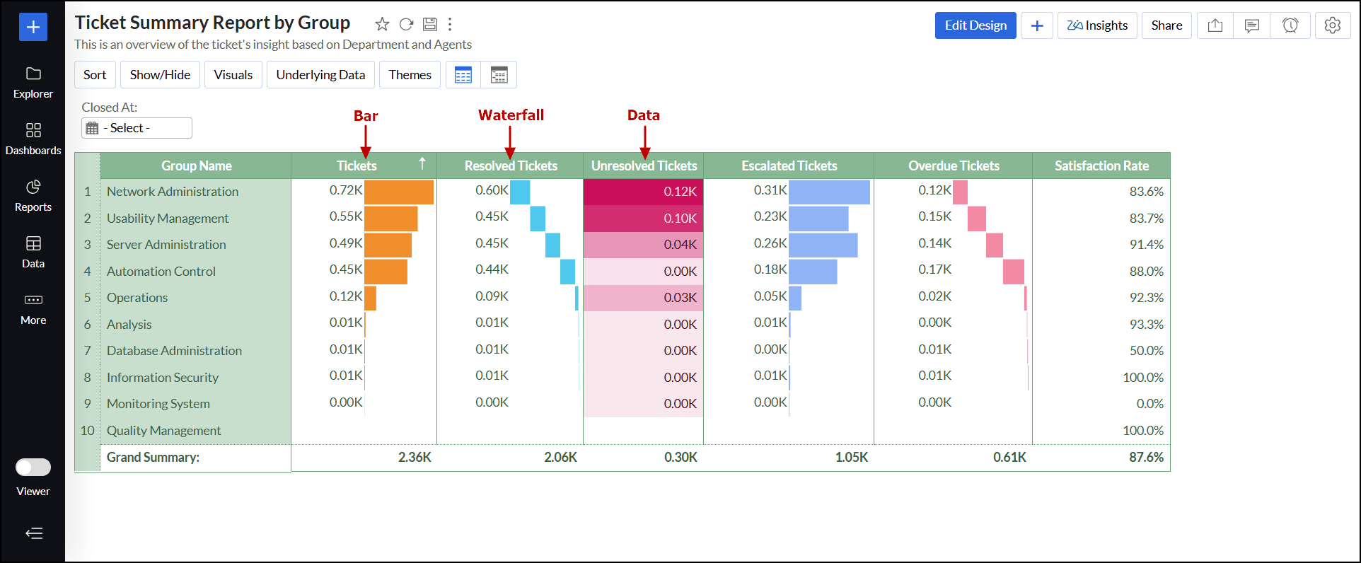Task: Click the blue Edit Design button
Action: pos(975,25)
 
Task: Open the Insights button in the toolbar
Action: pos(1097,25)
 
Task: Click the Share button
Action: pos(1166,25)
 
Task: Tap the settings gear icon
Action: pos(1332,25)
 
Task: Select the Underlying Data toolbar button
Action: pos(320,75)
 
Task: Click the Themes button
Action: pos(410,75)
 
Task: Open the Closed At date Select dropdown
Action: pos(137,128)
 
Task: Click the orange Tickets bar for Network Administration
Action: pos(398,192)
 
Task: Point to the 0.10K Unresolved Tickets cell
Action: pos(643,219)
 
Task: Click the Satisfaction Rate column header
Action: pos(1101,166)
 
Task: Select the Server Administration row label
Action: pos(166,245)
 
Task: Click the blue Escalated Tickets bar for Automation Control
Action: pos(813,272)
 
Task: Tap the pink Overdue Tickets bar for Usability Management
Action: pos(976,219)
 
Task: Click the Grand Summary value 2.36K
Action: pos(415,458)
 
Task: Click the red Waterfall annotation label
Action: pos(511,115)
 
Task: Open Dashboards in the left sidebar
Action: pos(33,139)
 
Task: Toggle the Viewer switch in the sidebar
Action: pos(33,468)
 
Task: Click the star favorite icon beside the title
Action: pos(382,25)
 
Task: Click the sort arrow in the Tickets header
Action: pos(422,164)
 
